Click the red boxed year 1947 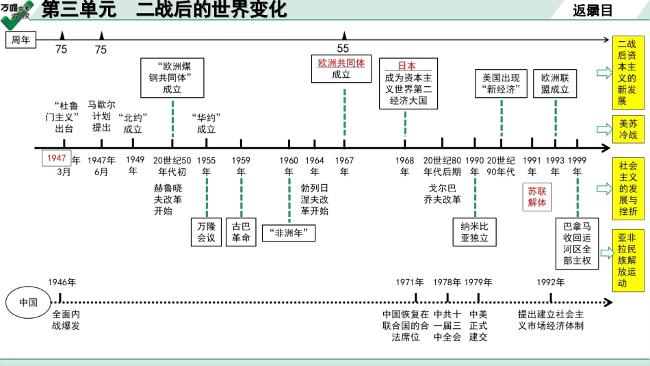pos(56,158)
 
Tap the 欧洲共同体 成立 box pos(341,68)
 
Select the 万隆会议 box pos(206,232)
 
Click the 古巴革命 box pos(241,232)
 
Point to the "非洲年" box pos(289,233)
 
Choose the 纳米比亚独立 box pos(475,232)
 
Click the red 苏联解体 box pos(537,196)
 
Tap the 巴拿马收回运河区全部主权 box pos(576,243)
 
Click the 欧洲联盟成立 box pos(555,83)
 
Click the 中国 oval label pos(28,302)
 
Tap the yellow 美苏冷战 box pos(627,129)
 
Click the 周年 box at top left pos(21,40)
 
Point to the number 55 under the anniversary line pos(343,49)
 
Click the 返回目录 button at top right pos(592,10)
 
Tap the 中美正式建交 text pos(478,325)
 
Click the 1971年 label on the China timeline pos(410,282)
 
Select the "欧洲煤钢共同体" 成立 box pos(172,77)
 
